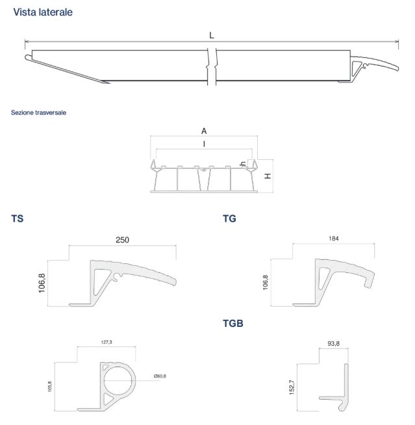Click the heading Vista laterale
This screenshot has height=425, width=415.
[43, 12]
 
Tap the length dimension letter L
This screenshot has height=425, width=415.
[212, 35]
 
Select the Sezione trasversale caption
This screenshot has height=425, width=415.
[38, 112]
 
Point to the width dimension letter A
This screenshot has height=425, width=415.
[204, 131]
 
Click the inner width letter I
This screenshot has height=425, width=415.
[204, 144]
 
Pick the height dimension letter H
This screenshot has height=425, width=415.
[268, 176]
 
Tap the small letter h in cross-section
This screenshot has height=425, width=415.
[244, 164]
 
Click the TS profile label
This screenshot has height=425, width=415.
[18, 218]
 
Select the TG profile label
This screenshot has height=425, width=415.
[229, 218]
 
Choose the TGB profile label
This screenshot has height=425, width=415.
[233, 324]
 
